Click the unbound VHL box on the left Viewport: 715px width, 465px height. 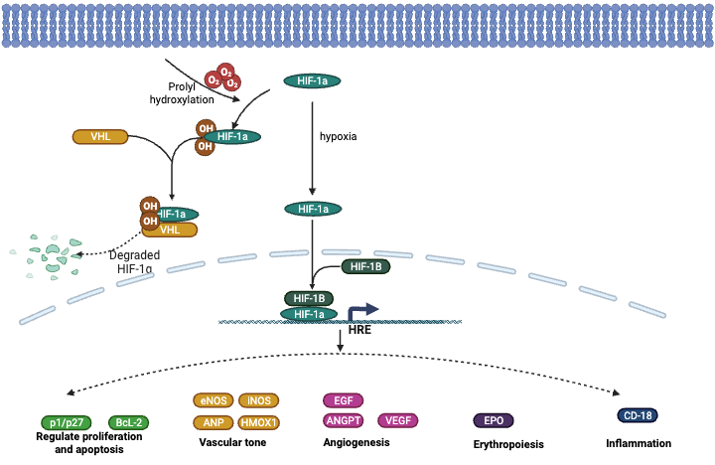100,136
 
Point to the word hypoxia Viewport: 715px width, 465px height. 338,136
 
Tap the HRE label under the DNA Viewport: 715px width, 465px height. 358,330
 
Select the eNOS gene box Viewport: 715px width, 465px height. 212,400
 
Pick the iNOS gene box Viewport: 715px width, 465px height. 258,400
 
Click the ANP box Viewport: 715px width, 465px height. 212,422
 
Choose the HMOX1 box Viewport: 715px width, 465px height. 258,422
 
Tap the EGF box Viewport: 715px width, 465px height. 343,400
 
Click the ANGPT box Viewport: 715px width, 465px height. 343,420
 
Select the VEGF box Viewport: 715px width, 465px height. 397,420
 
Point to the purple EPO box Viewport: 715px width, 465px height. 494,420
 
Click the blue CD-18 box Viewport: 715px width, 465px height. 636,415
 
